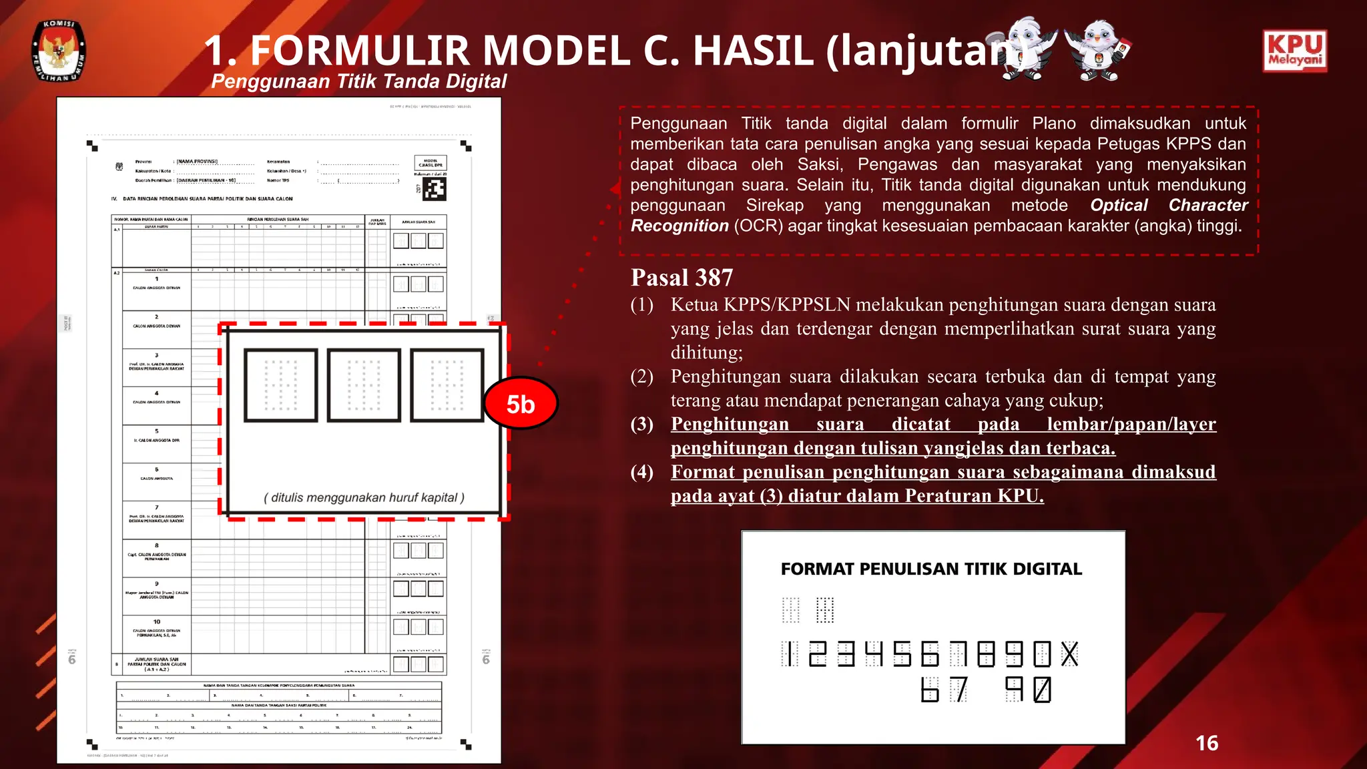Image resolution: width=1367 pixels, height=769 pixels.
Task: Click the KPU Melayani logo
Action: click(x=1294, y=50)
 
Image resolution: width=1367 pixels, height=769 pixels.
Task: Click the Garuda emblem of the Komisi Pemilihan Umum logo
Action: click(x=59, y=52)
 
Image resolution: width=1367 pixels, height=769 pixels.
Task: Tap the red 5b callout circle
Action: click(x=521, y=404)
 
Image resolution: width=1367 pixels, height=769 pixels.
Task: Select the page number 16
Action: click(x=1206, y=743)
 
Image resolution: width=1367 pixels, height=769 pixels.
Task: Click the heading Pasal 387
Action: click(x=681, y=278)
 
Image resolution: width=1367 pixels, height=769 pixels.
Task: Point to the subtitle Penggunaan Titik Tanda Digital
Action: click(x=358, y=81)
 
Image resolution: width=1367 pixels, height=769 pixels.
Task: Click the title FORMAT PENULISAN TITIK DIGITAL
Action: click(x=931, y=569)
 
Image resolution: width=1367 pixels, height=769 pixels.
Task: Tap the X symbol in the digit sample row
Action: click(x=1069, y=654)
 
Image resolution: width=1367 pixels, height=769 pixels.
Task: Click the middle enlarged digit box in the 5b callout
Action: click(x=364, y=385)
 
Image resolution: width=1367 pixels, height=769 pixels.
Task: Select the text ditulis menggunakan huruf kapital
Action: click(x=364, y=497)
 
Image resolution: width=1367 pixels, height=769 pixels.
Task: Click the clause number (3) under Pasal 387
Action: click(x=642, y=424)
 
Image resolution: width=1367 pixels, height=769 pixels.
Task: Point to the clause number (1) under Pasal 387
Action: click(x=642, y=305)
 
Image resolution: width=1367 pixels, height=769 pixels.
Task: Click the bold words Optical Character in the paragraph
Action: click(x=1169, y=205)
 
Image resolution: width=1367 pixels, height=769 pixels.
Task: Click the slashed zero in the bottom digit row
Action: click(x=1042, y=690)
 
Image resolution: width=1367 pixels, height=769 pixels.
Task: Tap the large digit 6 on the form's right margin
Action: click(x=486, y=660)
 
